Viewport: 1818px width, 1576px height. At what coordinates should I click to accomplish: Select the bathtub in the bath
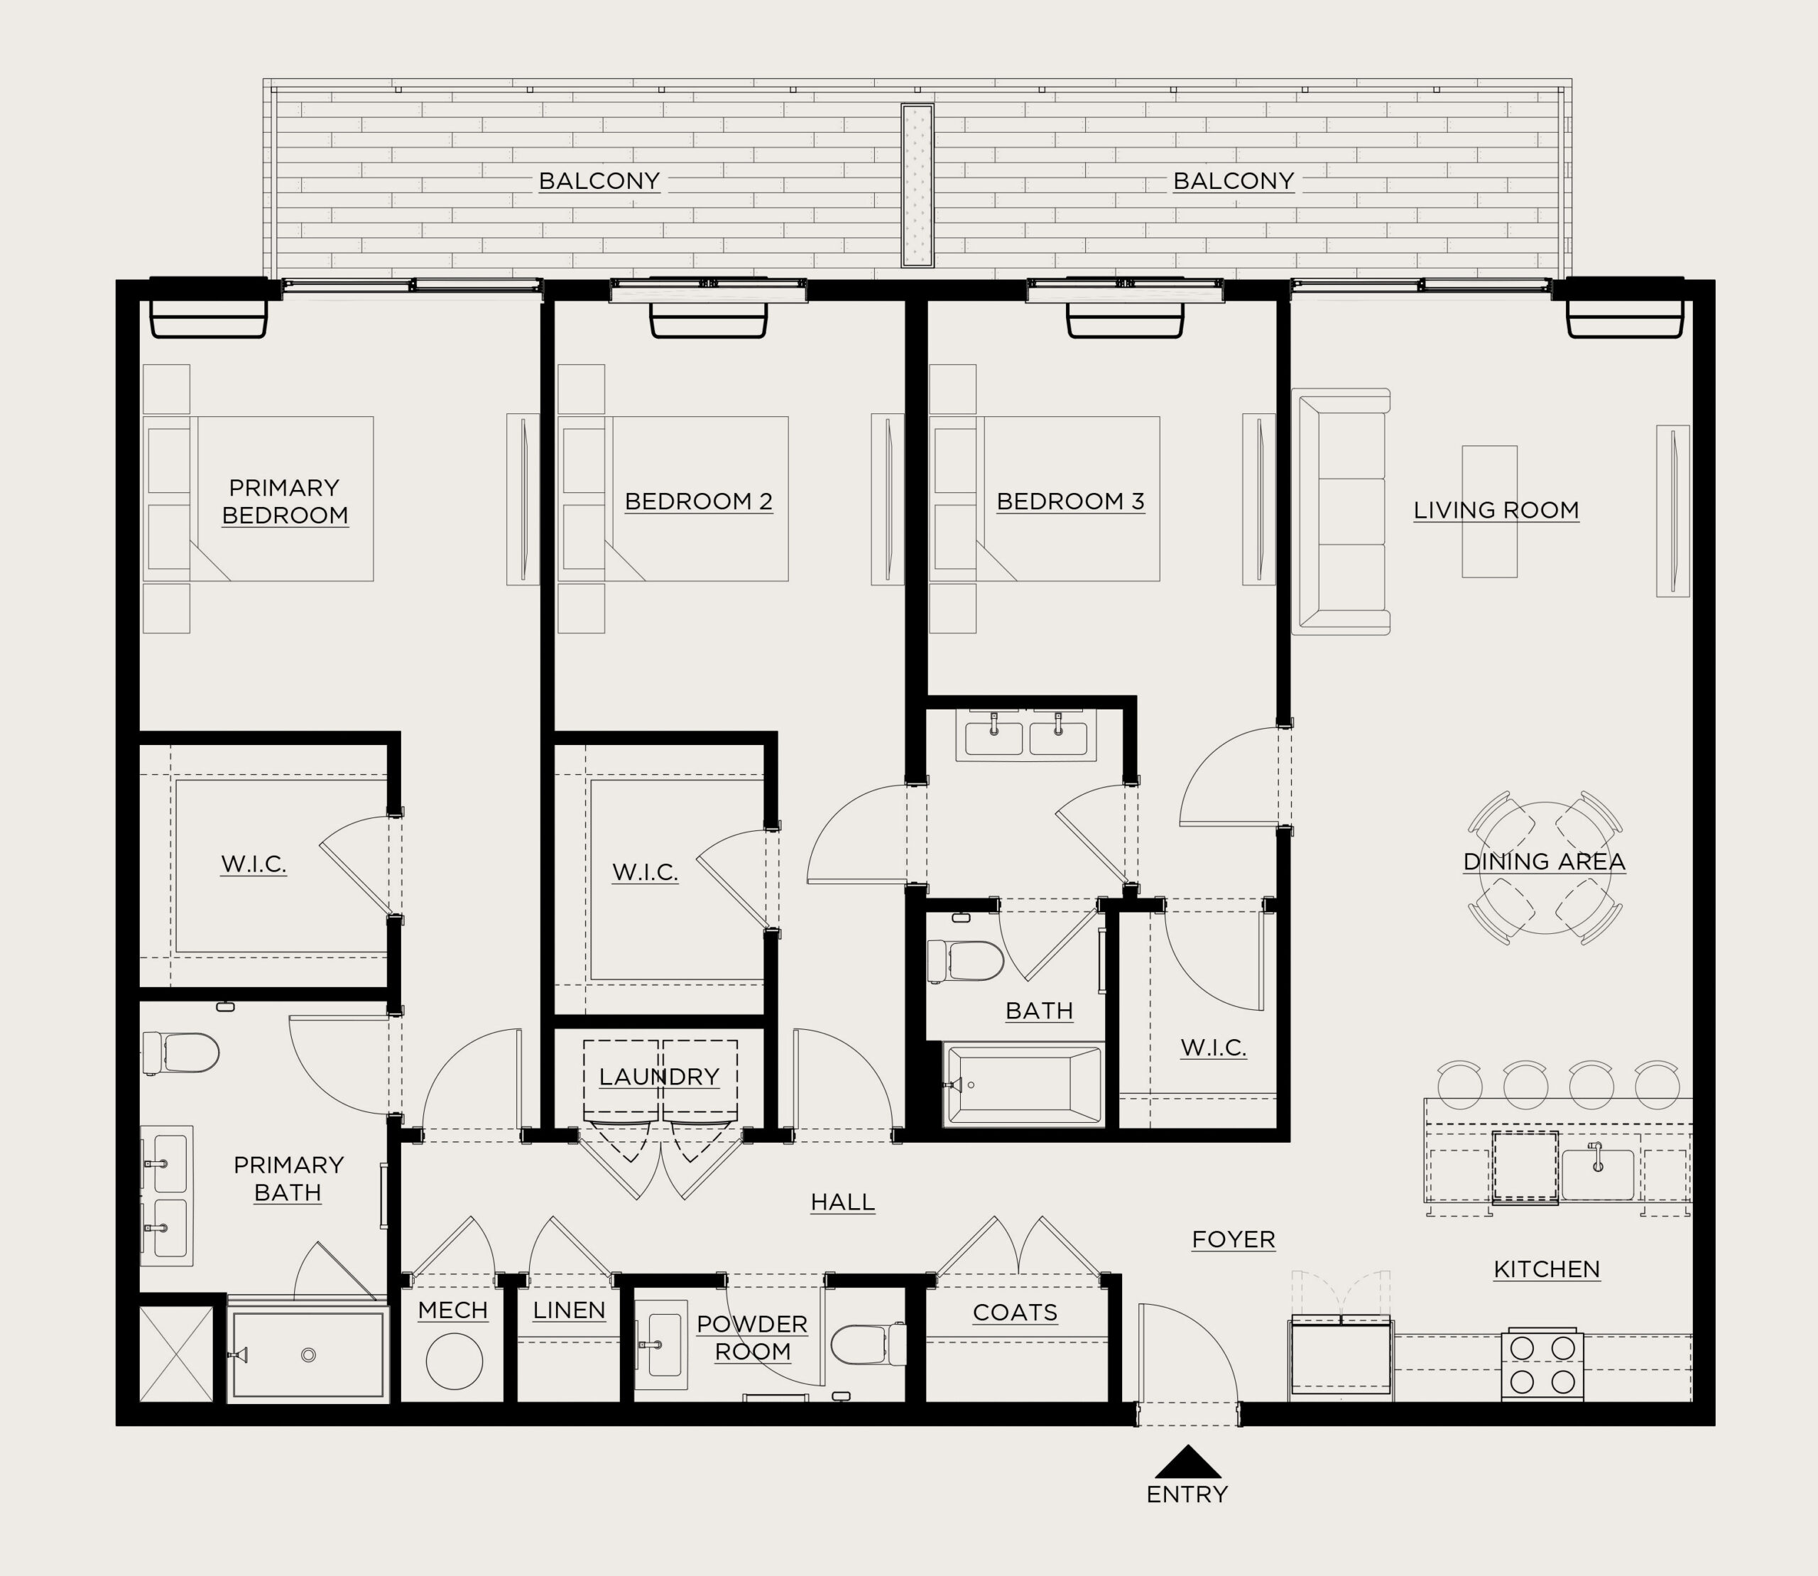coord(1023,1085)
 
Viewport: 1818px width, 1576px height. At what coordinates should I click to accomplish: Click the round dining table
coord(1545,868)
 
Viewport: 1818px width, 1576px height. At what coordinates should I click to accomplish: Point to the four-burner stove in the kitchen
coord(1542,1364)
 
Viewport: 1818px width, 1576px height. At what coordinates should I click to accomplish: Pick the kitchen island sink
coord(1597,1174)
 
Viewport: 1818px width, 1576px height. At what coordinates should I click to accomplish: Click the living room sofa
coord(1341,511)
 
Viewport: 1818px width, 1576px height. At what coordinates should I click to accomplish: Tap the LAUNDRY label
coord(659,1077)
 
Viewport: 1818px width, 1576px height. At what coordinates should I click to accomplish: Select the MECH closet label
coord(453,1310)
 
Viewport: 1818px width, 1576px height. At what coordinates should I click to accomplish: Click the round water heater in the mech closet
coord(454,1361)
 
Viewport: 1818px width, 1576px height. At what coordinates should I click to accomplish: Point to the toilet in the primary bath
coord(181,1053)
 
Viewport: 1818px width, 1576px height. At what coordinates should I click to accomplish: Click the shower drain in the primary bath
coord(307,1355)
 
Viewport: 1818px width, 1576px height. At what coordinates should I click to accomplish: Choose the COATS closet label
coord(1015,1313)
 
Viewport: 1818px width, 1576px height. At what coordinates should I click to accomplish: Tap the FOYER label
coord(1233,1239)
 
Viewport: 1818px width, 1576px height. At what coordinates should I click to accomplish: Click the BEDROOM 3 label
coord(1070,501)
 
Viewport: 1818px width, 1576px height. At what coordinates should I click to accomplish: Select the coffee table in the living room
coord(1489,512)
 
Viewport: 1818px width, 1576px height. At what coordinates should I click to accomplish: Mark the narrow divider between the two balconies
coord(918,185)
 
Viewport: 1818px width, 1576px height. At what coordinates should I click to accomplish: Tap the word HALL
coord(842,1202)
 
